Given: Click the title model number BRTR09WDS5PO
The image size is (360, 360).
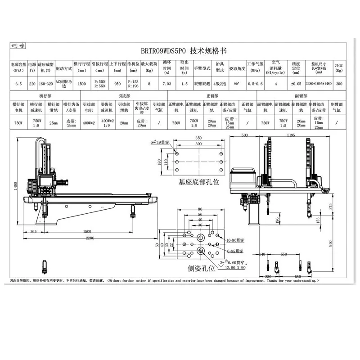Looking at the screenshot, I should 162,51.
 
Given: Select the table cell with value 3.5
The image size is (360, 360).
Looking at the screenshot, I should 18,83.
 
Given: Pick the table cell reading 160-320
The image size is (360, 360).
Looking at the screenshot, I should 46,83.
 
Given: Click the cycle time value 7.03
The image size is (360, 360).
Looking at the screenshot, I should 166,83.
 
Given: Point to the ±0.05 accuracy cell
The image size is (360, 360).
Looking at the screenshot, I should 295,83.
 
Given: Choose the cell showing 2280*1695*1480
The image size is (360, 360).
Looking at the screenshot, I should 319,83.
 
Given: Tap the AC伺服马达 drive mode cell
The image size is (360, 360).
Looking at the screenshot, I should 63,83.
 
